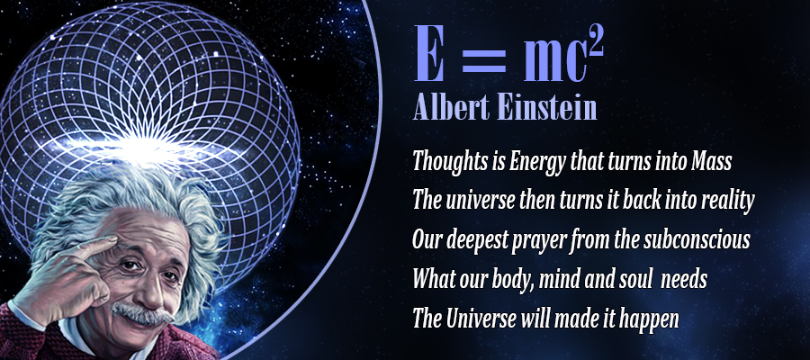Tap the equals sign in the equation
[x=483, y=60]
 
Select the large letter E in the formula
[x=428, y=54]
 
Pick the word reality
[x=728, y=202]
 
